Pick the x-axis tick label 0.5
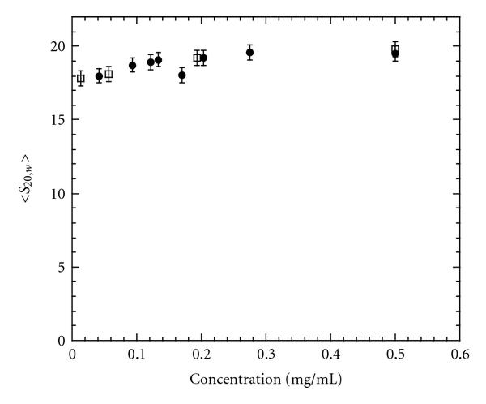395,355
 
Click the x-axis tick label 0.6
460,355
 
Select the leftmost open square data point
80,79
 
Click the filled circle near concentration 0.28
250,53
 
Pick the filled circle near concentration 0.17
182,75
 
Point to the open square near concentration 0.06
109,74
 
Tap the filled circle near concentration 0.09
133,65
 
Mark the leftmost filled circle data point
100,76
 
